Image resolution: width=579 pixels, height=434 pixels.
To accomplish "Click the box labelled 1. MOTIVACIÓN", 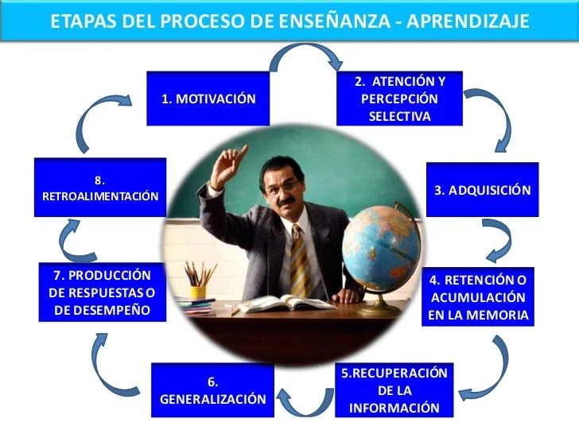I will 208,99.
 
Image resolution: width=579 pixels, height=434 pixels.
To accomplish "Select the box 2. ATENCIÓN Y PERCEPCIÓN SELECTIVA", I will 399,99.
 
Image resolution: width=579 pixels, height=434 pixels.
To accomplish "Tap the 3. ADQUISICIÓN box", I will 482,190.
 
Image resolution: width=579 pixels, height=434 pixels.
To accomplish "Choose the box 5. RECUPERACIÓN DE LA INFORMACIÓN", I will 394,389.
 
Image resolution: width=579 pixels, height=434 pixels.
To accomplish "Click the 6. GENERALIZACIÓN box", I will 212,390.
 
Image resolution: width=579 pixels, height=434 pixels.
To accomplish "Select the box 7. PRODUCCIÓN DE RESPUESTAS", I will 102,292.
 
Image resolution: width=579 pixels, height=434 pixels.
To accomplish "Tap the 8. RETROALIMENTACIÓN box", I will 100,188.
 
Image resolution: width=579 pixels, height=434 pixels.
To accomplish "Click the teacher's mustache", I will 286,201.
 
